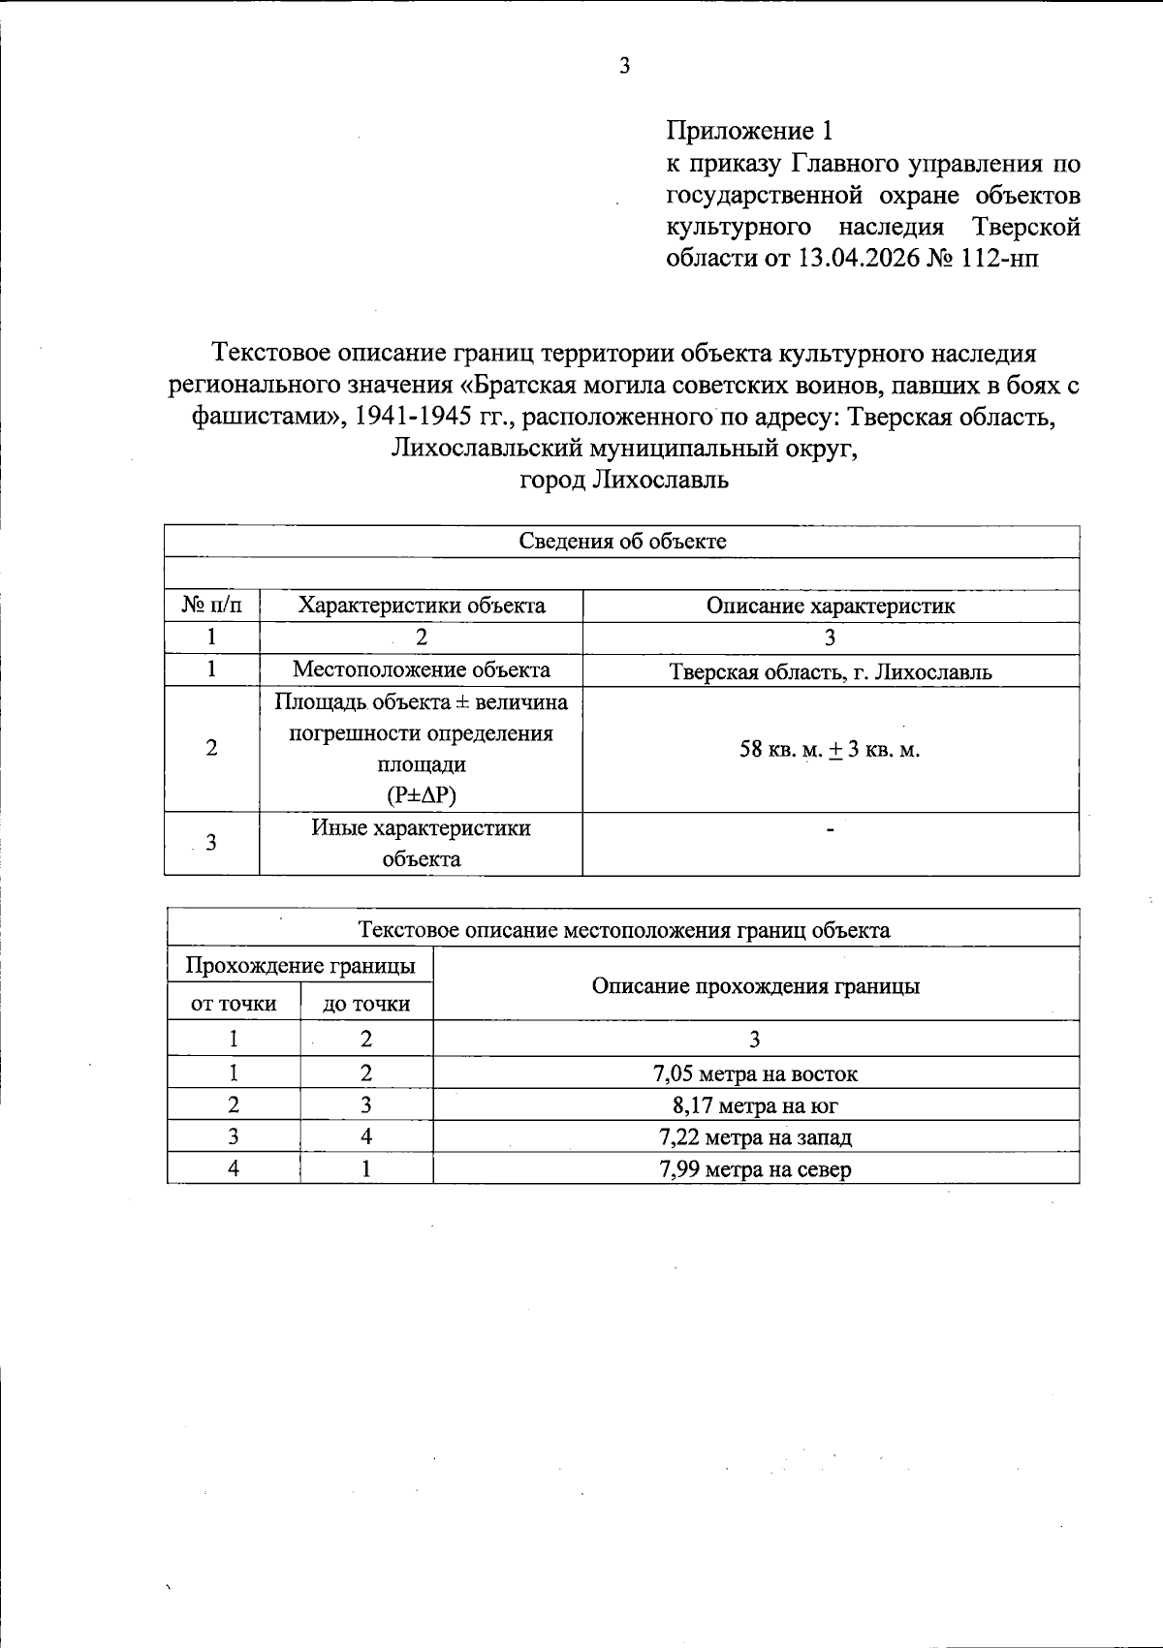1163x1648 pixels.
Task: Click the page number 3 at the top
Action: pyautogui.click(x=624, y=67)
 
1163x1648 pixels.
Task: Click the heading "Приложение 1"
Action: pyautogui.click(x=749, y=131)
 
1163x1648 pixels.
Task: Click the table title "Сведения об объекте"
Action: pyautogui.click(x=622, y=542)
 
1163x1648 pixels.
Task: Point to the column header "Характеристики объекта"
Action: pyautogui.click(x=422, y=606)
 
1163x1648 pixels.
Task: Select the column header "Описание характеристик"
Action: pyautogui.click(x=831, y=606)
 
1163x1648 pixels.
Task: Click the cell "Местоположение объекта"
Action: pyautogui.click(x=422, y=670)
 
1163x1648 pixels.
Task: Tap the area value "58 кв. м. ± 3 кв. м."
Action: pyautogui.click(x=831, y=750)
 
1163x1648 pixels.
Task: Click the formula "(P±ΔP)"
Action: pyautogui.click(x=422, y=796)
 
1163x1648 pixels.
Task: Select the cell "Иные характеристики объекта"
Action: pyautogui.click(x=422, y=844)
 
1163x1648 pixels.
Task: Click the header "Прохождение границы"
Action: pyautogui.click(x=300, y=966)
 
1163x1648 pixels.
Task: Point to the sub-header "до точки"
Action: pyautogui.click(x=366, y=1005)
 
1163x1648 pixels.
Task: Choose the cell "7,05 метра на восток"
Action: pyautogui.click(x=755, y=1073)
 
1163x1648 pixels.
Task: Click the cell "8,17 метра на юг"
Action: pyautogui.click(x=755, y=1105)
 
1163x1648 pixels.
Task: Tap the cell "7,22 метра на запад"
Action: pyautogui.click(x=755, y=1137)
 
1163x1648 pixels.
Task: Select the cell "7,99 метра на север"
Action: pyautogui.click(x=755, y=1169)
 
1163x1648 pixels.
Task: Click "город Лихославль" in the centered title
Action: pyautogui.click(x=624, y=481)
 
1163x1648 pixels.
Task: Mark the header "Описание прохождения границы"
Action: pyautogui.click(x=755, y=986)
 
